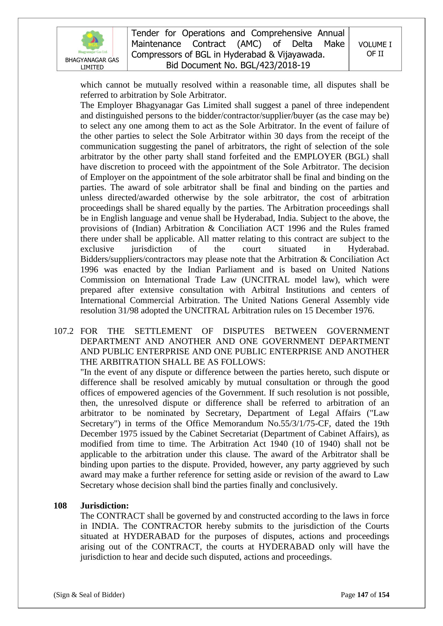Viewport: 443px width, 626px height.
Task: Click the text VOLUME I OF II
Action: (x=375, y=49)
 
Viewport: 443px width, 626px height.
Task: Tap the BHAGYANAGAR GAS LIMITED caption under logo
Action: (x=92, y=63)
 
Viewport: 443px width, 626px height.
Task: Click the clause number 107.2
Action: (x=63, y=331)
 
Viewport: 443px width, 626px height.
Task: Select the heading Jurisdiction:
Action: (x=104, y=506)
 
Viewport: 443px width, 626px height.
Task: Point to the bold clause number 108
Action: (x=60, y=506)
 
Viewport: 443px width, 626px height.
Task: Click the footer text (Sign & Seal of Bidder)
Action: (x=89, y=595)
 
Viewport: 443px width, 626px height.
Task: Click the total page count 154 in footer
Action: (x=384, y=595)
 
